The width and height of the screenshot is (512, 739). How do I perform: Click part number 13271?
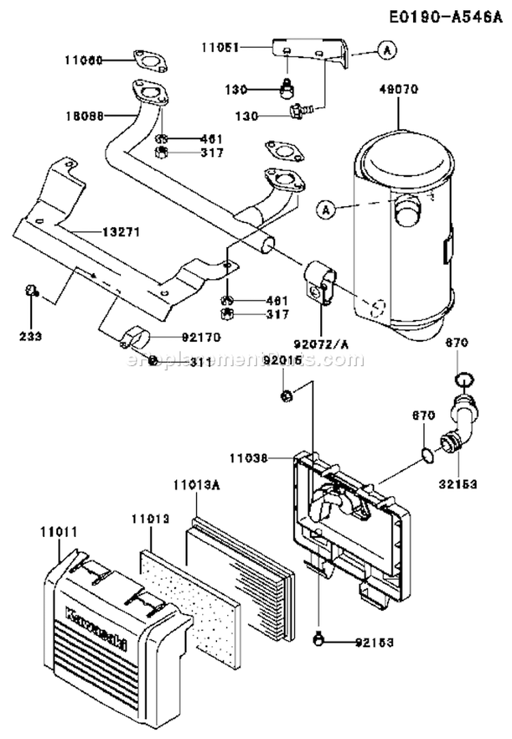[x=121, y=232]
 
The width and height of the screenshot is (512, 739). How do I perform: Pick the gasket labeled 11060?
[x=151, y=60]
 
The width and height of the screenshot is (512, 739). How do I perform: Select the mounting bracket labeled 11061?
[x=314, y=51]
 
